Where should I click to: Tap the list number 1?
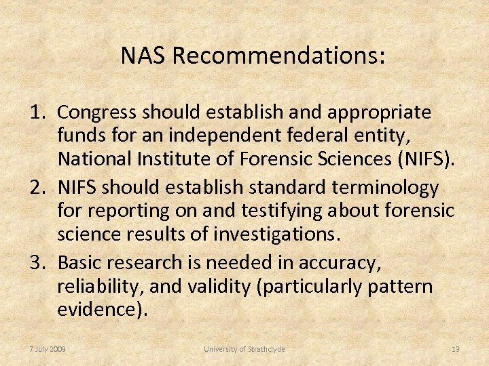[37, 111]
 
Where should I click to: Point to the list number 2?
[37, 186]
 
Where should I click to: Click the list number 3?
[37, 262]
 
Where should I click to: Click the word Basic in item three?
[81, 262]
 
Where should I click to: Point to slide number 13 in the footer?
[456, 349]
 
